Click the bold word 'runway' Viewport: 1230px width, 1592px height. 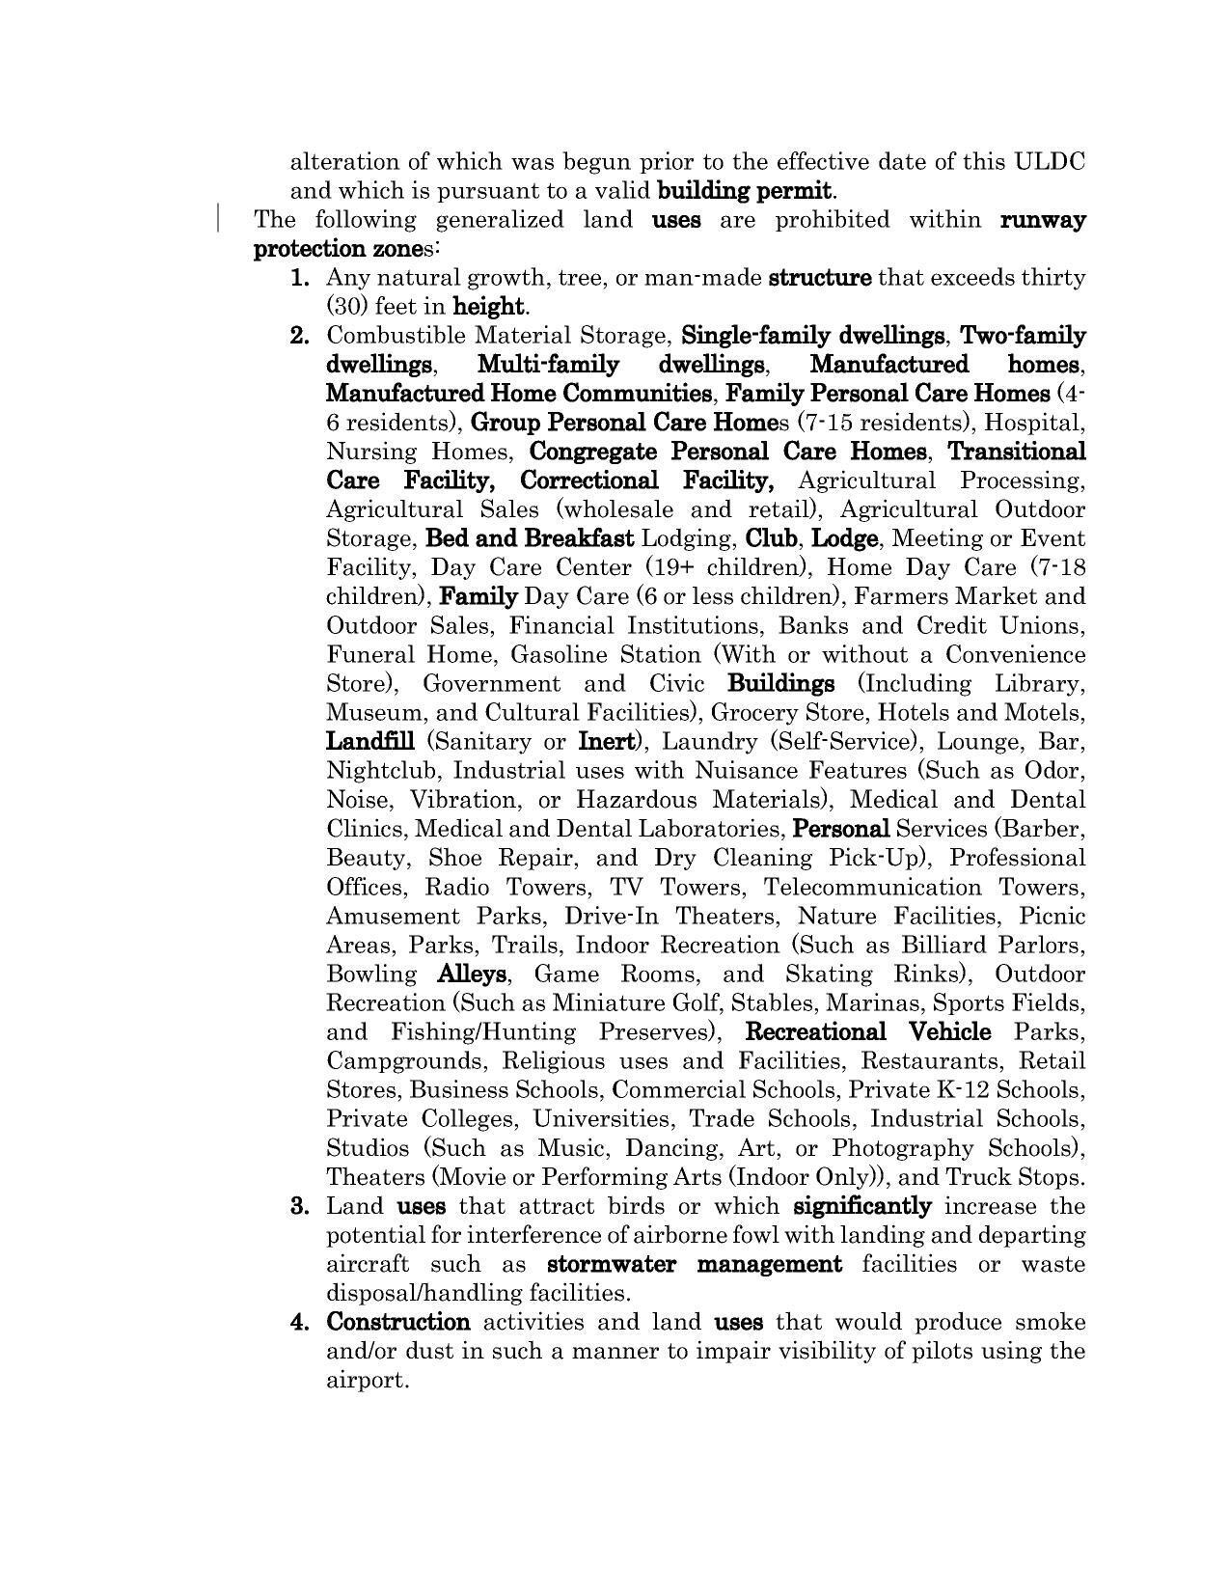click(x=1043, y=219)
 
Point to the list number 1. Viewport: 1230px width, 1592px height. click(x=300, y=278)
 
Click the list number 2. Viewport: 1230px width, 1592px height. click(x=300, y=336)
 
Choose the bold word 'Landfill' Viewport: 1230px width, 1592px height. click(x=370, y=742)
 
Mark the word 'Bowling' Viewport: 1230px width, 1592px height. click(x=371, y=974)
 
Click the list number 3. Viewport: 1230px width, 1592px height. click(x=300, y=1206)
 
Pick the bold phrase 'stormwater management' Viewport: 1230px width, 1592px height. click(x=694, y=1264)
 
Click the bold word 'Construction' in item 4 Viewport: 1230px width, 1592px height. click(x=398, y=1322)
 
